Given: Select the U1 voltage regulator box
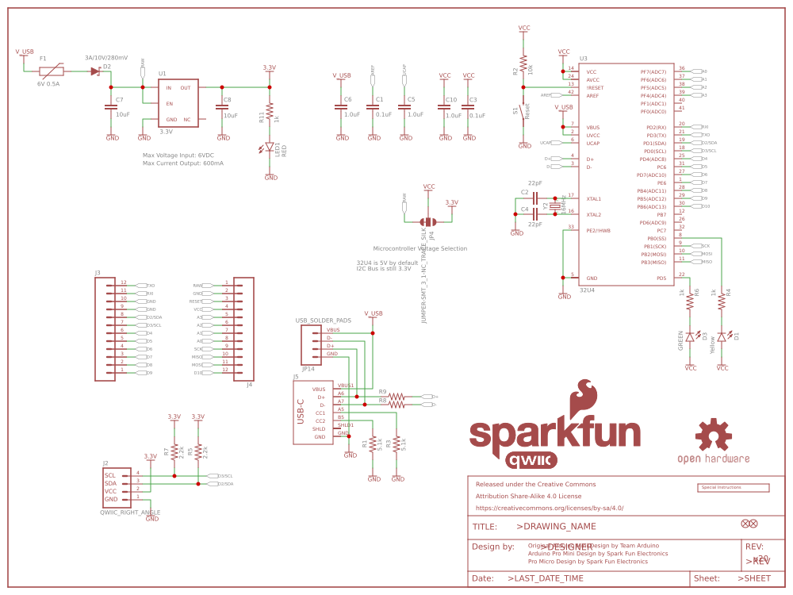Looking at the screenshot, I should pyautogui.click(x=178, y=103).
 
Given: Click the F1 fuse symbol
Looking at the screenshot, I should pyautogui.click(x=52, y=71).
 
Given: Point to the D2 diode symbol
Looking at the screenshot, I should pyautogui.click(x=95, y=71).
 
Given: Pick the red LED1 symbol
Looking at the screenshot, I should pyautogui.click(x=270, y=147).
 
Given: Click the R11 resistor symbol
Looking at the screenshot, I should pyautogui.click(x=270, y=111).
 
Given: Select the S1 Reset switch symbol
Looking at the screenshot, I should pyautogui.click(x=523, y=111).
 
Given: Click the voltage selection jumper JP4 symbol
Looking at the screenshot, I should pyautogui.click(x=428, y=222).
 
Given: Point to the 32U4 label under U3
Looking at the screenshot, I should pyautogui.click(x=587, y=290).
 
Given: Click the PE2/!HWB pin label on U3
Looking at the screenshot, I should pyautogui.click(x=599, y=230).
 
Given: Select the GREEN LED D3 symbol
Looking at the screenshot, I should pyautogui.click(x=690, y=336).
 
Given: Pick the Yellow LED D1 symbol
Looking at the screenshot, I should pyautogui.click(x=722, y=336).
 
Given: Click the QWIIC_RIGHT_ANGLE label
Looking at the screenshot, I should pyautogui.click(x=130, y=512).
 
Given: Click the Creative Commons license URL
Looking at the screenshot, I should pyautogui.click(x=550, y=508).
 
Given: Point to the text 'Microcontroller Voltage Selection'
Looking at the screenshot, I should pyautogui.click(x=420, y=248).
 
